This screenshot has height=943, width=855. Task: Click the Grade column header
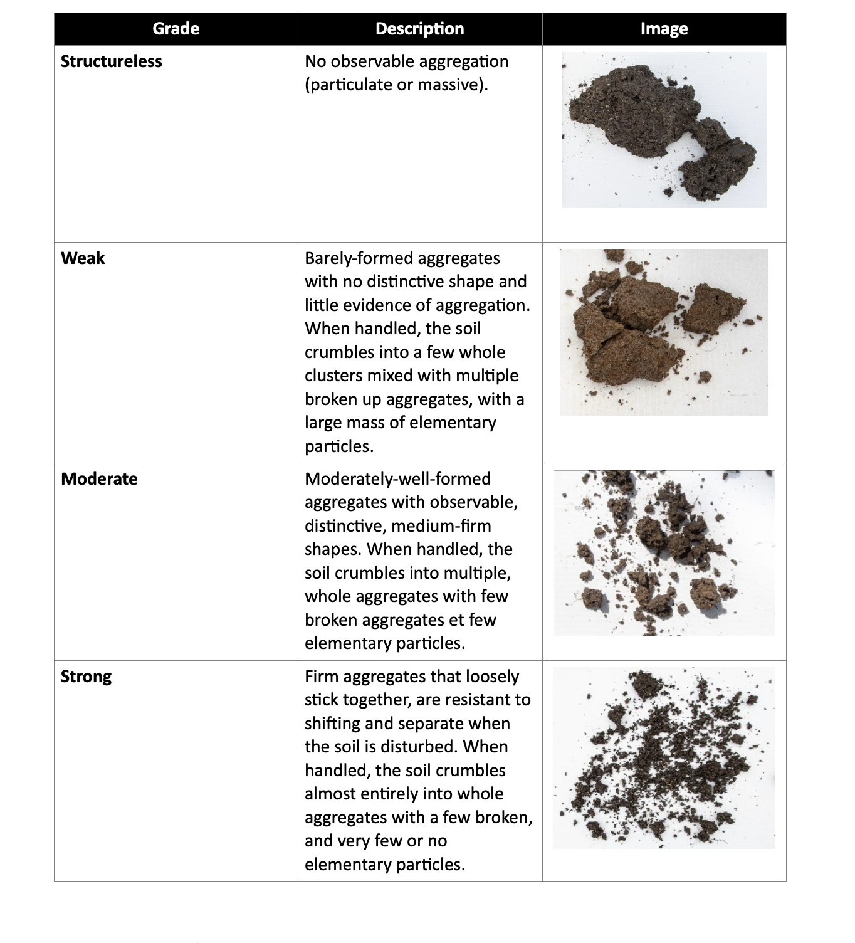pyautogui.click(x=176, y=29)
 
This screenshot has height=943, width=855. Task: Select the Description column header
pyautogui.click(x=419, y=29)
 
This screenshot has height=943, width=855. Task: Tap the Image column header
pyautogui.click(x=664, y=29)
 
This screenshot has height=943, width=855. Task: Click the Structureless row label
pyautogui.click(x=112, y=61)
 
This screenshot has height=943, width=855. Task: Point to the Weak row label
pyautogui.click(x=83, y=258)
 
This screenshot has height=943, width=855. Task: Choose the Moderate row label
pyautogui.click(x=99, y=479)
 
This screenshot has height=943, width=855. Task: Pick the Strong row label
pyautogui.click(x=87, y=677)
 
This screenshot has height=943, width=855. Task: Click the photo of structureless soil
pyautogui.click(x=664, y=130)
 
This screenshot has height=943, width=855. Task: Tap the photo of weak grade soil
pyautogui.click(x=664, y=332)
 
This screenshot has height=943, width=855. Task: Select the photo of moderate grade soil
pyautogui.click(x=664, y=553)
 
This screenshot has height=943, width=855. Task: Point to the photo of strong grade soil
pyautogui.click(x=664, y=757)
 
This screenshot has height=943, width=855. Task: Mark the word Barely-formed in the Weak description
pyautogui.click(x=359, y=258)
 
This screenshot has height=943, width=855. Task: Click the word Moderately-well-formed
pyautogui.click(x=397, y=479)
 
